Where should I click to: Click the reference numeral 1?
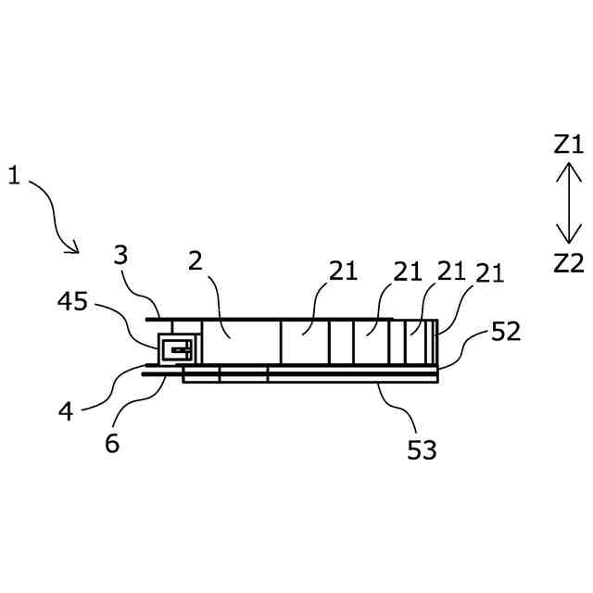coord(13,174)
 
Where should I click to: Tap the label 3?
coord(120,255)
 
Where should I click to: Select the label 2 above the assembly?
coord(195,260)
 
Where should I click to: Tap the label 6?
coord(112,443)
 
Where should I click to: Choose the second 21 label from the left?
coord(409,271)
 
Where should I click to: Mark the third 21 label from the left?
coord(452,271)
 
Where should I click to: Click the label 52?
coord(506,332)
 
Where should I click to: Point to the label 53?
coord(422,450)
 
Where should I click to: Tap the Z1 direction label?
coord(568,144)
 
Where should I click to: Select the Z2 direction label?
coord(568,262)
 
